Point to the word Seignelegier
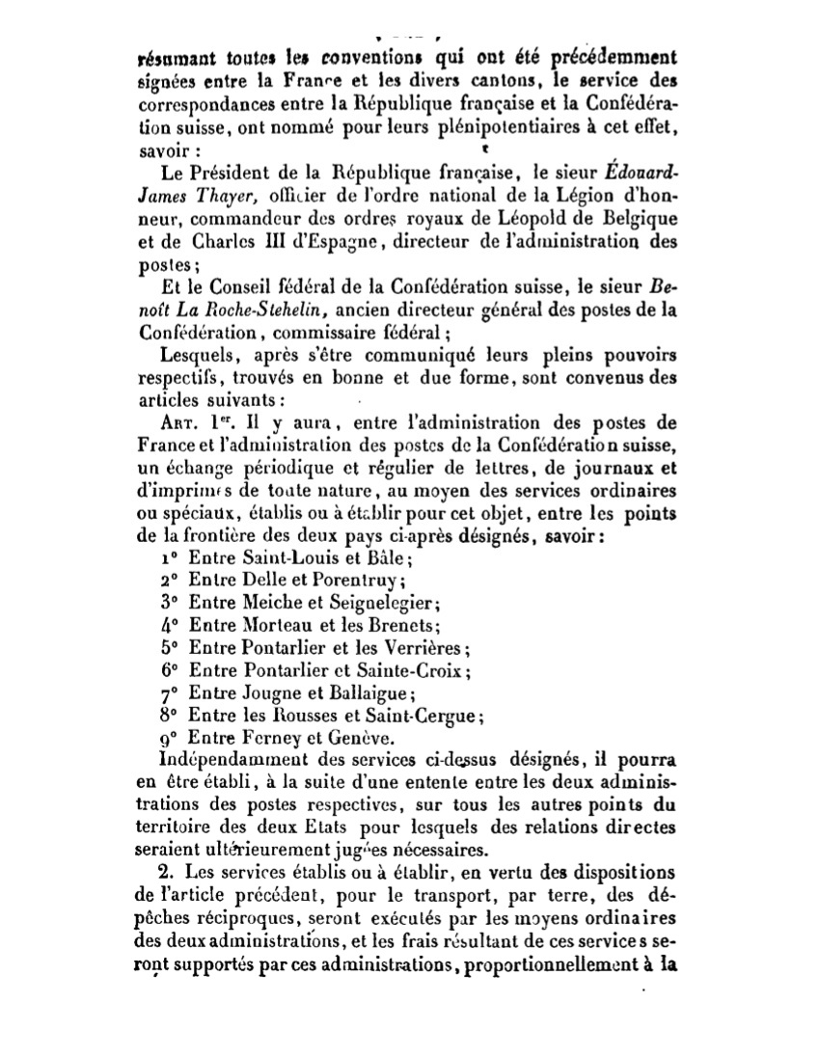tap(383, 603)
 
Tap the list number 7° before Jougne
tap(168, 692)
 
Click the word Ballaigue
tap(372, 692)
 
